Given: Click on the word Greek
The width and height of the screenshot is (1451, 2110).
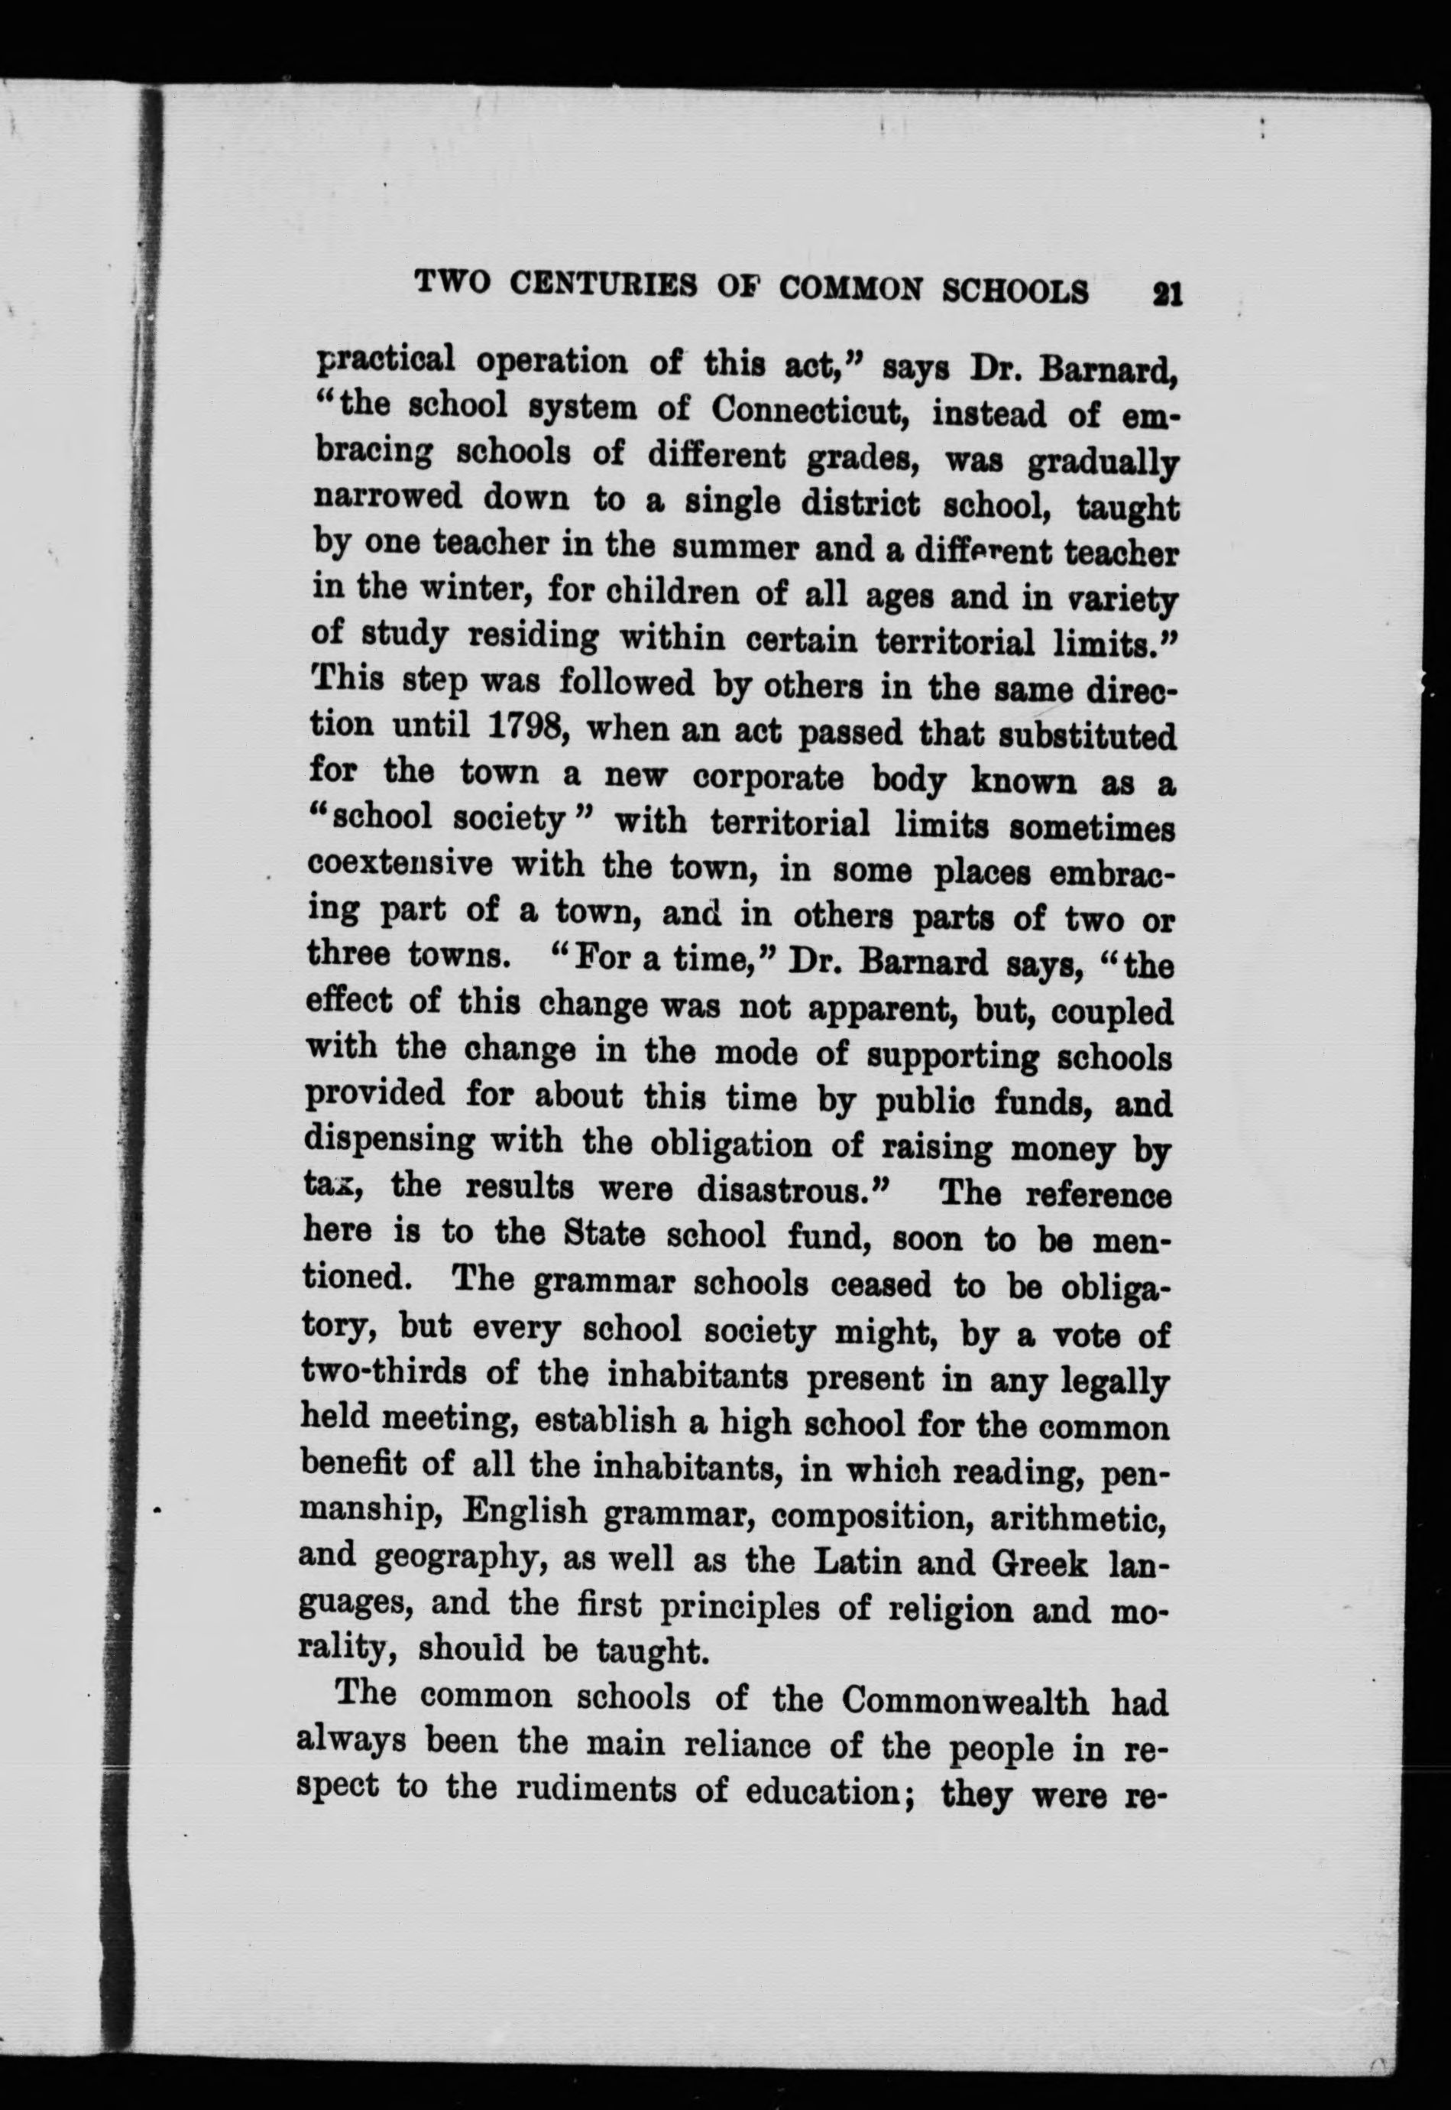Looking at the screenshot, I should (x=1039, y=1563).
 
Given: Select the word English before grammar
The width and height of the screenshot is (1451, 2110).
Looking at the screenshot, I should (x=523, y=1514).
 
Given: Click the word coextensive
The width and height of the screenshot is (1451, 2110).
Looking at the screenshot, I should (x=400, y=863).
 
